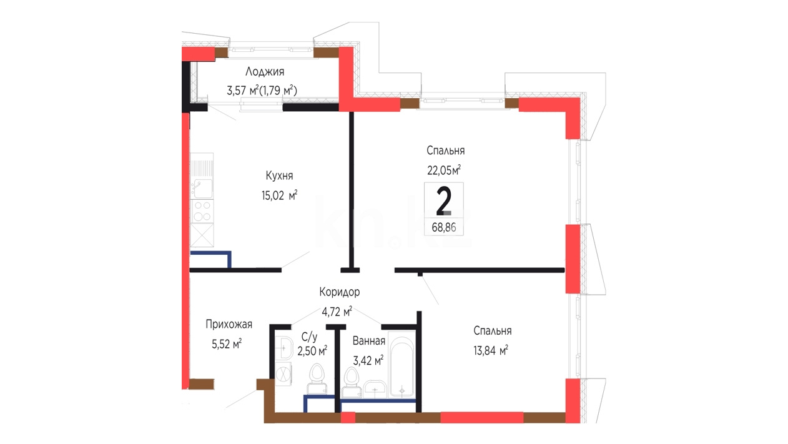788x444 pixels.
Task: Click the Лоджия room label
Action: (x=265, y=72)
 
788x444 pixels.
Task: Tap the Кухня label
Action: (x=279, y=175)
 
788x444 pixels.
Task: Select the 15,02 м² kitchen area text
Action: (x=279, y=195)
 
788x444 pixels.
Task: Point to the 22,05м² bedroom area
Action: (x=444, y=170)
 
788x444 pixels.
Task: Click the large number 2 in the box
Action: (x=443, y=201)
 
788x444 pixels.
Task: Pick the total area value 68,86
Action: (x=444, y=228)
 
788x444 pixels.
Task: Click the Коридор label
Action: (x=340, y=292)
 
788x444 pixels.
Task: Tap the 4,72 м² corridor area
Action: (x=337, y=312)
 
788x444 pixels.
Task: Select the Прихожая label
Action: (x=229, y=324)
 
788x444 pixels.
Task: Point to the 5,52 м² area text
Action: (x=227, y=343)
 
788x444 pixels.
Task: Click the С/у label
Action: (x=309, y=337)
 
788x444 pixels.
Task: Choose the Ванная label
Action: (x=368, y=341)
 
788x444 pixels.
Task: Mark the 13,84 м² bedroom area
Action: (x=491, y=350)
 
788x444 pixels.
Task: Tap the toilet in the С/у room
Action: (x=317, y=379)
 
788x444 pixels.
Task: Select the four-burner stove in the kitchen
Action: (x=202, y=211)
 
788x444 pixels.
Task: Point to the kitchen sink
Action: (x=202, y=189)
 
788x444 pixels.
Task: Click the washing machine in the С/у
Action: (x=283, y=373)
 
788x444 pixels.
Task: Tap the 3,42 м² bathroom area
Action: (x=368, y=360)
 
